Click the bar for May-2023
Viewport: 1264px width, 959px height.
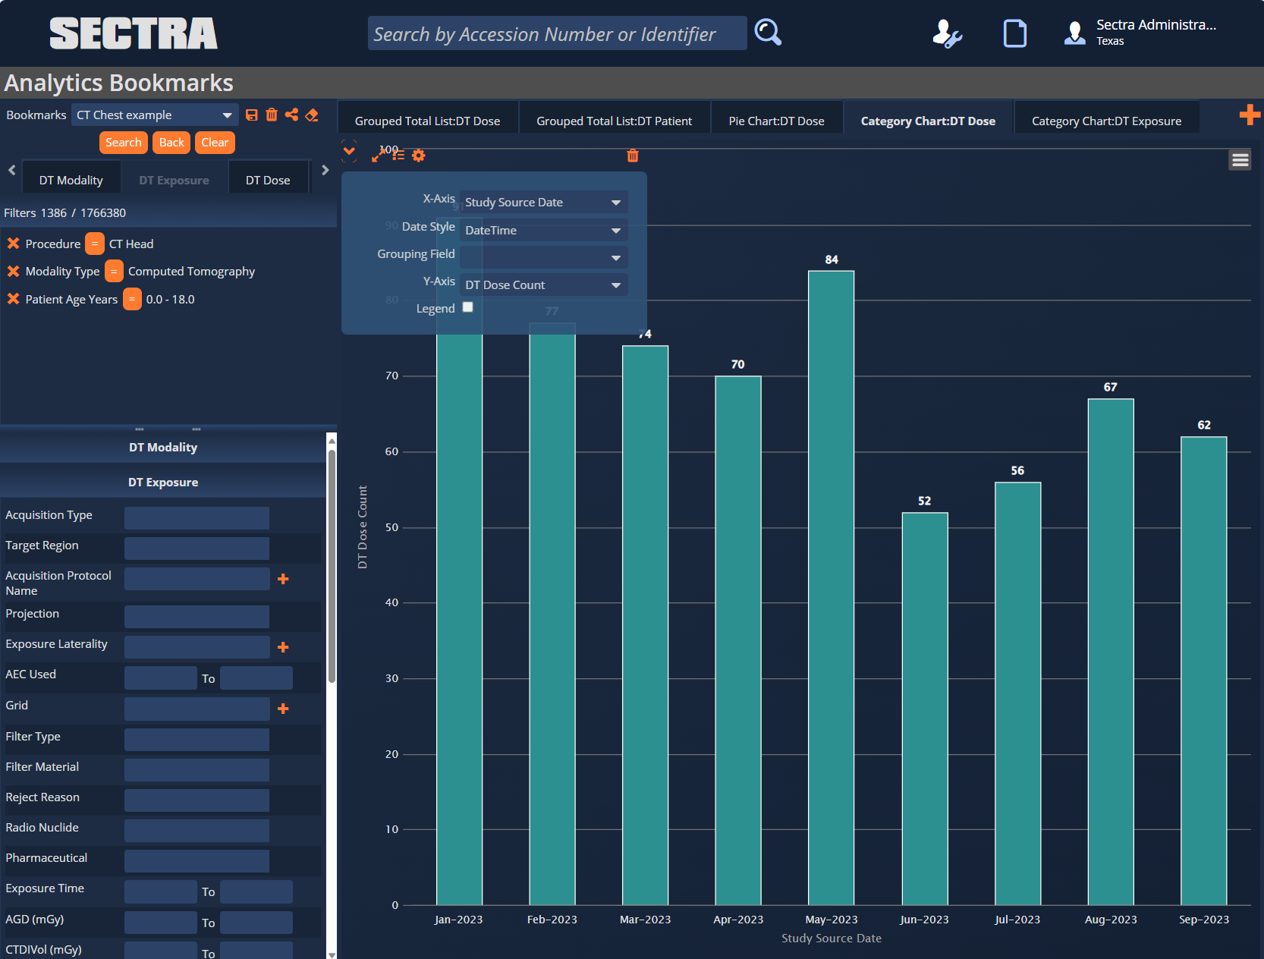coord(831,588)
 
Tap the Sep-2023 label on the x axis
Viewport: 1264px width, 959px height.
coord(1203,920)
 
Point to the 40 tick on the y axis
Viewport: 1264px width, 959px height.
coord(391,602)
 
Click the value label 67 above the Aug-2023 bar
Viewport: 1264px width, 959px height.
coord(1110,387)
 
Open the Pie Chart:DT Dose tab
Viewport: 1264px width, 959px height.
coord(776,121)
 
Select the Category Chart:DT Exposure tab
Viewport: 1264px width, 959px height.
coord(1105,121)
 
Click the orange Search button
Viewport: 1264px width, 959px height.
coord(123,143)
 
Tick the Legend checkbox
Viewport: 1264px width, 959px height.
coord(467,307)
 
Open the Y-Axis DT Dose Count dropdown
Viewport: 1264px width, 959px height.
coord(543,285)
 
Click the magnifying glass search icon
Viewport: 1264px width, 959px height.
coord(767,33)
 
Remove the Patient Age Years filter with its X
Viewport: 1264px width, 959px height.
coord(13,299)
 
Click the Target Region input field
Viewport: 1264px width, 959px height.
coord(197,548)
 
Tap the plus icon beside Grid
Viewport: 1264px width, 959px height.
coord(283,709)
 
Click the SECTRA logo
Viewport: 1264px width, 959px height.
coord(134,33)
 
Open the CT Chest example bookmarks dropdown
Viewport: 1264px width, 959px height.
coord(155,115)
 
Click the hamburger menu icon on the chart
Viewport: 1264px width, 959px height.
coord(1240,159)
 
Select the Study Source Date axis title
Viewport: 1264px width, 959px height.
coord(831,939)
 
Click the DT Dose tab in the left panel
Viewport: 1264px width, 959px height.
coord(267,181)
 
